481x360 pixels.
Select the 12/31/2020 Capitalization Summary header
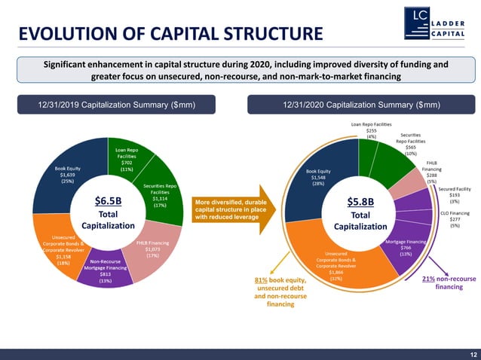(361, 105)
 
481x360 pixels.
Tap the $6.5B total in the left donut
(108, 201)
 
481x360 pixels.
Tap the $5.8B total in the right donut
(360, 202)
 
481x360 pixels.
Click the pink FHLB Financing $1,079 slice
(151, 249)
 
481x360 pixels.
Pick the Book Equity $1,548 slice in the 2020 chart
(320, 177)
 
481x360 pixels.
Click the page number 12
(471, 353)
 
